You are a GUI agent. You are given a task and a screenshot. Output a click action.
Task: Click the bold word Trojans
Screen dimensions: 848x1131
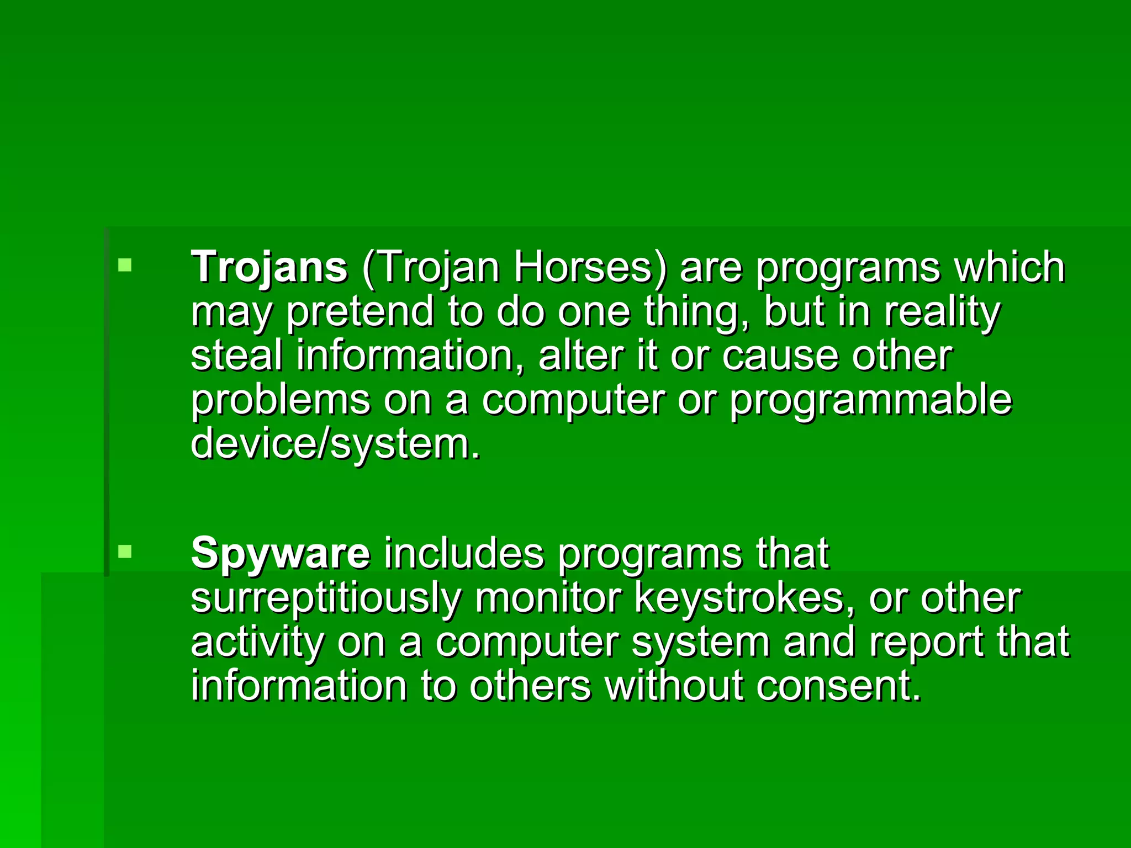269,267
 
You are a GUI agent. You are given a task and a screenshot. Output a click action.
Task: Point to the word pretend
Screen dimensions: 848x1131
360,312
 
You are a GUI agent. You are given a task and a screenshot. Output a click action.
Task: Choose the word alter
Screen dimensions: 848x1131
581,356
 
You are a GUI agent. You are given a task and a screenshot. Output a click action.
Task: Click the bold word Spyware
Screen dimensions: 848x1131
280,553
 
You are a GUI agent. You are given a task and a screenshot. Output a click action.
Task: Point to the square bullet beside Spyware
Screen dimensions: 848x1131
125,551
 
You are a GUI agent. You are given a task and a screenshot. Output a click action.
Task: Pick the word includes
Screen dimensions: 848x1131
464,553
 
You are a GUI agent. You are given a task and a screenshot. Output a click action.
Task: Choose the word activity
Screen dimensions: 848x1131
257,642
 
